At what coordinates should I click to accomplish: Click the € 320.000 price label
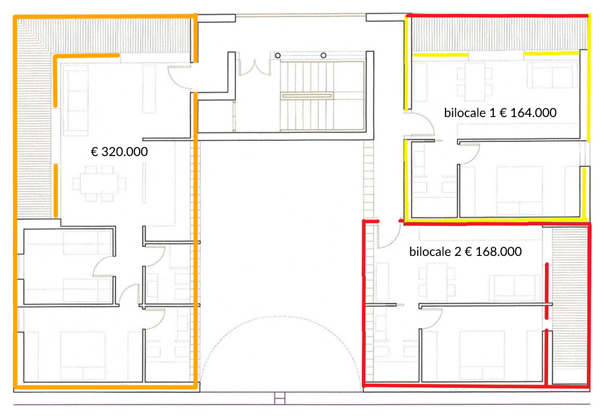click(119, 152)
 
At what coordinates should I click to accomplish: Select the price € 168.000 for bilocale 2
click(493, 252)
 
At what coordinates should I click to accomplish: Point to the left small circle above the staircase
click(278, 56)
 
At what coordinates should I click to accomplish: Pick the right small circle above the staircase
click(323, 56)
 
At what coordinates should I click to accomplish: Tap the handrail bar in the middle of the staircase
click(307, 96)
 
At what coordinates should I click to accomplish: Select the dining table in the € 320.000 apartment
click(99, 183)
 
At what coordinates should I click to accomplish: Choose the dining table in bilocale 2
click(437, 282)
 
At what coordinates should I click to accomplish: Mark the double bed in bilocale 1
click(519, 190)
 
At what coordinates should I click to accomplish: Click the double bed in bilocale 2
click(482, 355)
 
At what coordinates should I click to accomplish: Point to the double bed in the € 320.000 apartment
click(83, 355)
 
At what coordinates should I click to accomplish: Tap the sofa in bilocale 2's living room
click(514, 288)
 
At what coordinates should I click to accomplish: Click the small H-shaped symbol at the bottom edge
click(280, 398)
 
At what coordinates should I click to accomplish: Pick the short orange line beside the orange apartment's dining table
click(56, 191)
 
